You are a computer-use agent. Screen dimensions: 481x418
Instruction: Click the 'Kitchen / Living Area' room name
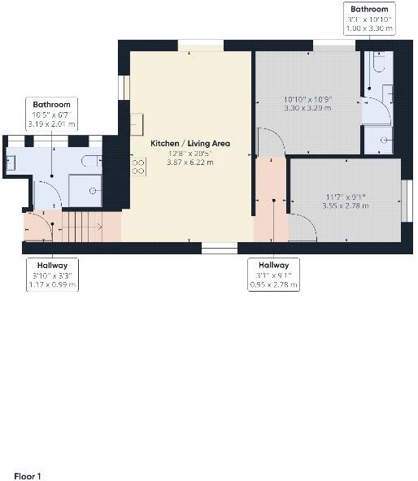point(190,143)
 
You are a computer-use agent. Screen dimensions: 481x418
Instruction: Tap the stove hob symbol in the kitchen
point(138,167)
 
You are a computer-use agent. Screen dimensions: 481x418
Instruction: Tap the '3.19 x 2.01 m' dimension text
point(51,124)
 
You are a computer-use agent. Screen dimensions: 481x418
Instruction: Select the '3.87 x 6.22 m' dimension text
point(190,162)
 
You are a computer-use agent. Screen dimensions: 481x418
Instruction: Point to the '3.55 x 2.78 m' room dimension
point(345,206)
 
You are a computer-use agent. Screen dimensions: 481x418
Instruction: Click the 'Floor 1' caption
point(27,475)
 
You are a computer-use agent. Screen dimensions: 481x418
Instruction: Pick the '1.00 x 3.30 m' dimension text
point(369,28)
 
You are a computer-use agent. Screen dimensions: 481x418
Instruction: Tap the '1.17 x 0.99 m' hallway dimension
point(51,285)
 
